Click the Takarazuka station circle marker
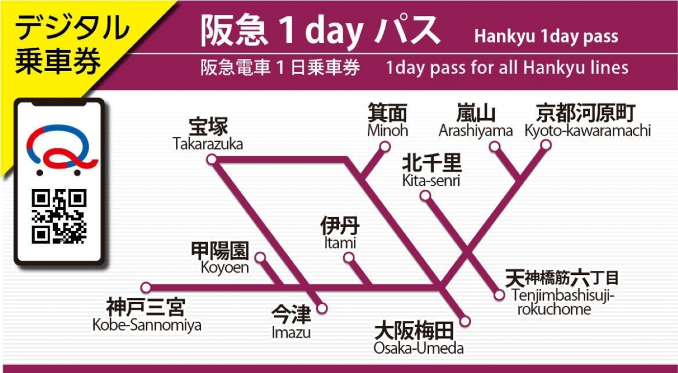point(212,159)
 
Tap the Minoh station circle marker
point(385,146)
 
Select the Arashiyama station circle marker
point(494,146)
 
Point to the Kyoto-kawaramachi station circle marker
point(546,145)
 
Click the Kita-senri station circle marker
point(425,196)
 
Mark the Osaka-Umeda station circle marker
point(465,321)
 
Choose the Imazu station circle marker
point(322,308)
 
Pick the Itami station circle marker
point(349,257)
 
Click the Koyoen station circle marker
point(260,257)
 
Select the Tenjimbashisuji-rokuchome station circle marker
point(499,295)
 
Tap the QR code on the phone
point(59,216)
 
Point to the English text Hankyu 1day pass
point(546,37)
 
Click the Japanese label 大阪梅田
point(414,332)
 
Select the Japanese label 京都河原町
point(585,113)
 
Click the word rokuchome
point(554,309)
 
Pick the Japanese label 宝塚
point(208,128)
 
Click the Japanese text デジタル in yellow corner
point(72,29)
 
